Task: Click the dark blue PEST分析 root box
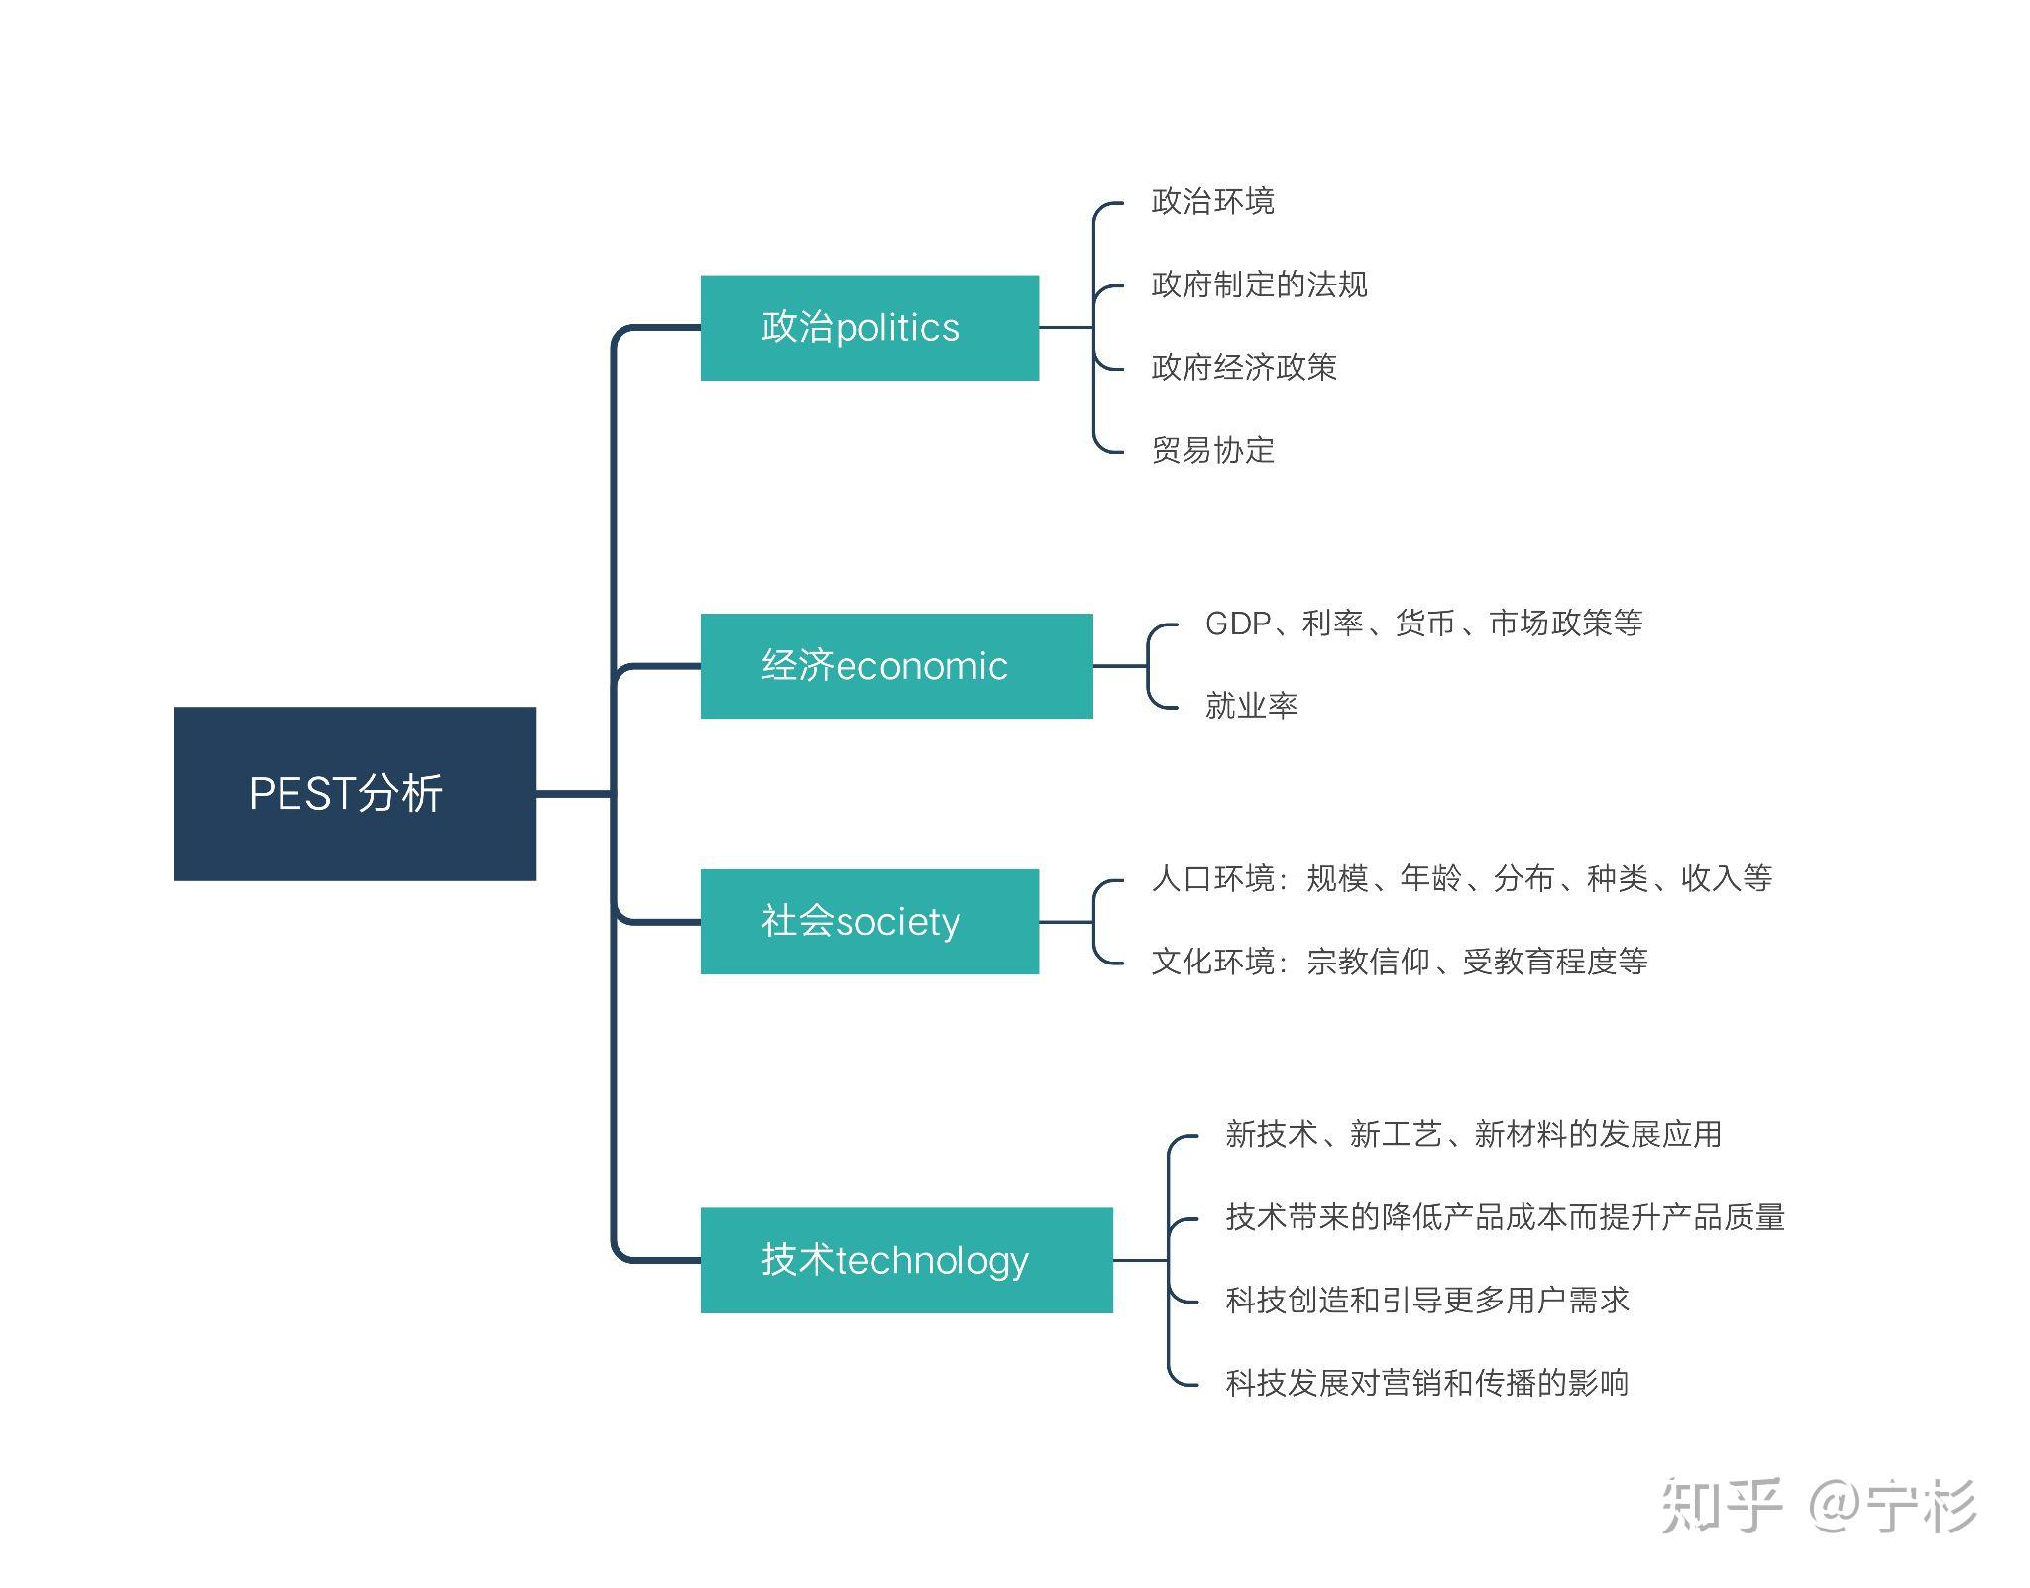[355, 793]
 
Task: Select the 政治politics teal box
[869, 327]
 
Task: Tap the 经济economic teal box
[896, 665]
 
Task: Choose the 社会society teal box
[869, 921]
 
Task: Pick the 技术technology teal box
[906, 1260]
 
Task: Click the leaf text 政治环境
[1212, 202]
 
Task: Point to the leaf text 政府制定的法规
[1259, 285]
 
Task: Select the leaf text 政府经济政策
[1243, 368]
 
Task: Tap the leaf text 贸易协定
[1212, 450]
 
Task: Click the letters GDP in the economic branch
[1236, 624]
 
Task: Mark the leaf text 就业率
[1251, 706]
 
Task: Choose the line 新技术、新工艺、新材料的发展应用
[1473, 1134]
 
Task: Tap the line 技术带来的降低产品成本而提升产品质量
[1505, 1217]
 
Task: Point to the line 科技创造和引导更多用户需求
[1426, 1300]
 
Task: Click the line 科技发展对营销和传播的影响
[1426, 1383]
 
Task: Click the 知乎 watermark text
[1721, 1506]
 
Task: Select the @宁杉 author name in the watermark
[1891, 1506]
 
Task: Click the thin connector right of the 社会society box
[1066, 922]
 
